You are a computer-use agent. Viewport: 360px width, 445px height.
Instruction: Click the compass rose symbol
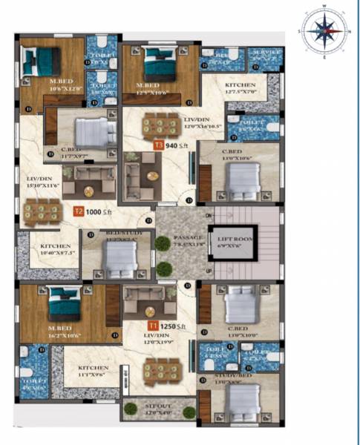[323, 31]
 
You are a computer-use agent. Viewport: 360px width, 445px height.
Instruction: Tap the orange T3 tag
[158, 146]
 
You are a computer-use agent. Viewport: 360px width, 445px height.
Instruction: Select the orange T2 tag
[78, 211]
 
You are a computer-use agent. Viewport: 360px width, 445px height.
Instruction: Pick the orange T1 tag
[151, 325]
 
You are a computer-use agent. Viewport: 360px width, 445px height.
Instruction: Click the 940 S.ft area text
[177, 146]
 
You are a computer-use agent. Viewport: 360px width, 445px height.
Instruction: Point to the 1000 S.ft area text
[100, 211]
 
